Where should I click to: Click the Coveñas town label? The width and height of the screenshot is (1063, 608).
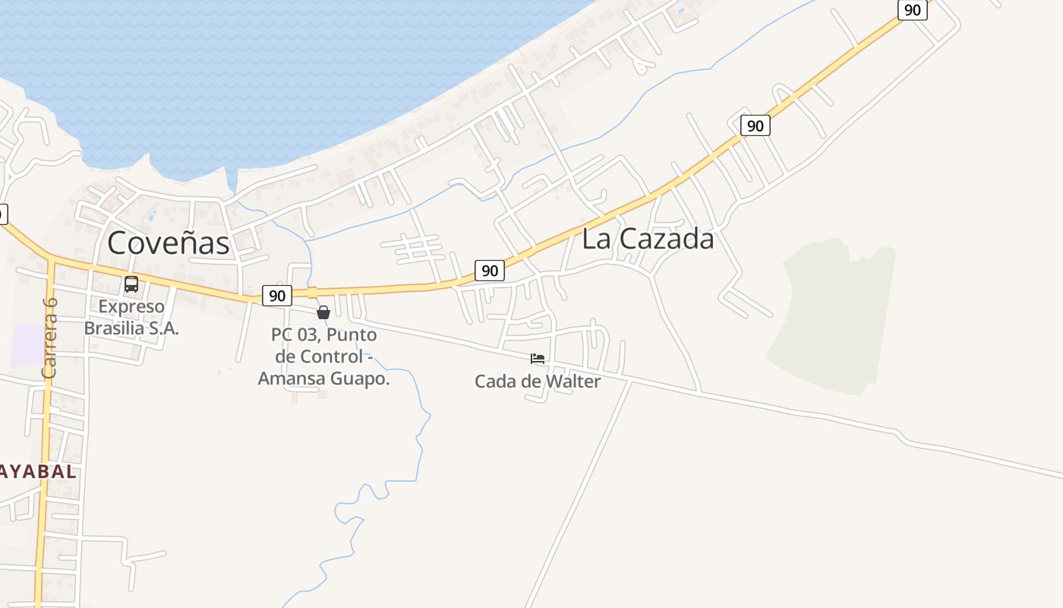coord(168,243)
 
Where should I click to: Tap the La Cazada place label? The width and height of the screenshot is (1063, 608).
coord(648,239)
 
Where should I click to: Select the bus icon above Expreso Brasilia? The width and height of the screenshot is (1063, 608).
coord(131,284)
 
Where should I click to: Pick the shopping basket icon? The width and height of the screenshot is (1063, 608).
coord(323,312)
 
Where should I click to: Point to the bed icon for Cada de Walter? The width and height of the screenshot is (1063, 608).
coord(538,359)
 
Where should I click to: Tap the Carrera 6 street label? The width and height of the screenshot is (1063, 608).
coord(50,337)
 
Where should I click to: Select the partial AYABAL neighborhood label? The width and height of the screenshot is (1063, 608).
coord(38,471)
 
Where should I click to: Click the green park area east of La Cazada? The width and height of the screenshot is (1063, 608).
coord(835,319)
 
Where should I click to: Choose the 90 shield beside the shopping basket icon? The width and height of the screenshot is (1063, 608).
coord(277,296)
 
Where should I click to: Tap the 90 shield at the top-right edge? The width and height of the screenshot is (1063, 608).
coord(913,10)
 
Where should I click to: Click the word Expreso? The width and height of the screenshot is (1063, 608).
coord(131,307)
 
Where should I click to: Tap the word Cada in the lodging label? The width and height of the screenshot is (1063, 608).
coord(495,382)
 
